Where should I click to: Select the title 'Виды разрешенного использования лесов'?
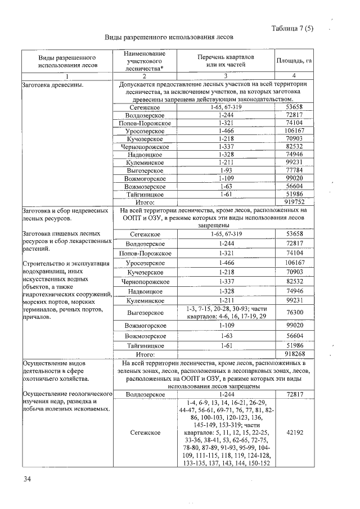pos(169,37)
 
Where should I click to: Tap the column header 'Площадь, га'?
pos(294,61)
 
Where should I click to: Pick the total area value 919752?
pos(294,201)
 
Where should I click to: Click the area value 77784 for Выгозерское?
pos(294,170)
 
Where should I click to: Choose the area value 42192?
pos(294,433)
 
